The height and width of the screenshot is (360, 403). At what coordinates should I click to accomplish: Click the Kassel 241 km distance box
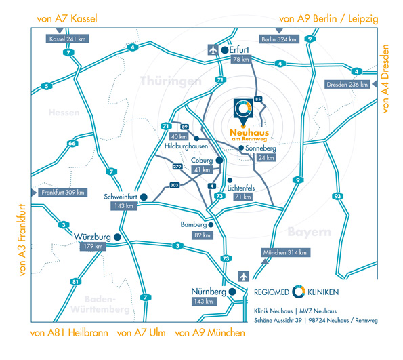point(67,39)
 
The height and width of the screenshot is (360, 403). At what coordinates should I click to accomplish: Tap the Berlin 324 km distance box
point(279,39)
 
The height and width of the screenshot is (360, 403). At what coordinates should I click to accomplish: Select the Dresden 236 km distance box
point(347,84)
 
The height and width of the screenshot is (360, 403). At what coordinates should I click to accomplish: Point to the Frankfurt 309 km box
point(63,193)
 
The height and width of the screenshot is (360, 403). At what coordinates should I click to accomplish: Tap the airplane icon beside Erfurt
point(213,49)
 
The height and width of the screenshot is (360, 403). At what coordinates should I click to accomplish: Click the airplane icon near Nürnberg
point(243,277)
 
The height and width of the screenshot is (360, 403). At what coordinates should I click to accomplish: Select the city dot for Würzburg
point(117,237)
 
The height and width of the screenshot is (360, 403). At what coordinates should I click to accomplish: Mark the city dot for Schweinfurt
point(144,197)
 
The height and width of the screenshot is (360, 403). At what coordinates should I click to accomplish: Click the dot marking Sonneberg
point(241,148)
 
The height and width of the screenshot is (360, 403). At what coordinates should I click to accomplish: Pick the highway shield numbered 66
point(72,143)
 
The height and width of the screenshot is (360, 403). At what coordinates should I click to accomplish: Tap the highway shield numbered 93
point(337,197)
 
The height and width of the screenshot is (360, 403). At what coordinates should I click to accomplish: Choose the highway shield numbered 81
point(75,282)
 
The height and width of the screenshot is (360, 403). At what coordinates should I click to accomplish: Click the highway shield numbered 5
point(47,86)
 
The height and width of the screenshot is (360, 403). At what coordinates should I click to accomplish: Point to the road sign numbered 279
point(177,167)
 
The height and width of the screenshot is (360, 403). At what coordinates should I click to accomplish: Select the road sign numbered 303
point(174,185)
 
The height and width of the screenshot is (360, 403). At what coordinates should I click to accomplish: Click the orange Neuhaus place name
point(249,132)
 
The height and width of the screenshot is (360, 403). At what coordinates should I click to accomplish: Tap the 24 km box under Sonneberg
point(266,157)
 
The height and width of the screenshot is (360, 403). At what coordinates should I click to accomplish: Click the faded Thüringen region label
point(171,81)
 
